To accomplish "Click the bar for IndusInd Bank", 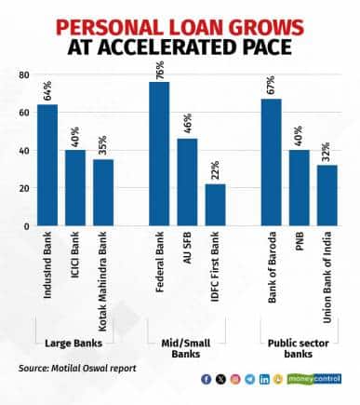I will coord(47,165).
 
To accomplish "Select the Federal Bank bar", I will coord(159,154).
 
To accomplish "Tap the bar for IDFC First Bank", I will coord(215,205).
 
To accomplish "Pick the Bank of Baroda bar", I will coord(271,162).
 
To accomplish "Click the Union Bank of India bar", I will coord(327,196).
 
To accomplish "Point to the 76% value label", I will coord(159,69).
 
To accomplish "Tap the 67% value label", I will coord(271,87).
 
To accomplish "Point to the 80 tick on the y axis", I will coord(24,74).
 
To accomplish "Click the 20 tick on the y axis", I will coord(24,188).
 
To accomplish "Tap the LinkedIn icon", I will coord(264,379).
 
